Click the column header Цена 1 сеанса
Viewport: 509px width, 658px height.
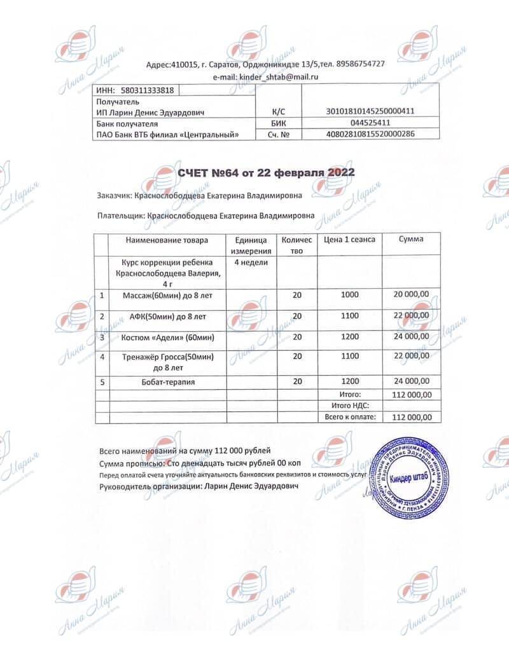coord(349,240)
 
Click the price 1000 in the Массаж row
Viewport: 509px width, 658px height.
coord(350,294)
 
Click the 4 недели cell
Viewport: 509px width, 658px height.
coord(251,262)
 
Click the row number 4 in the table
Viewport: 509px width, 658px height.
coord(102,357)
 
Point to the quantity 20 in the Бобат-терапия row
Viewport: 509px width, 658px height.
coord(296,381)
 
